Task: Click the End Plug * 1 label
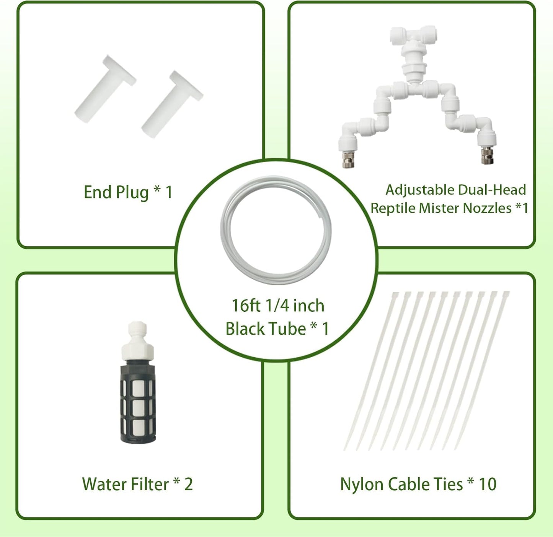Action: (x=128, y=192)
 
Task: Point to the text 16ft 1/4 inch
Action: (x=278, y=306)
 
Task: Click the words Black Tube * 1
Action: (x=277, y=329)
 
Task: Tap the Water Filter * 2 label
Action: (x=137, y=484)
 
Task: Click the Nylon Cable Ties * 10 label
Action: (x=418, y=484)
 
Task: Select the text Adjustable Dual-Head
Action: (x=455, y=190)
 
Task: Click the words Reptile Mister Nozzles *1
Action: (x=449, y=208)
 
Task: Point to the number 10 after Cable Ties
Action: (x=487, y=484)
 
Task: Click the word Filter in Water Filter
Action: (x=150, y=484)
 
